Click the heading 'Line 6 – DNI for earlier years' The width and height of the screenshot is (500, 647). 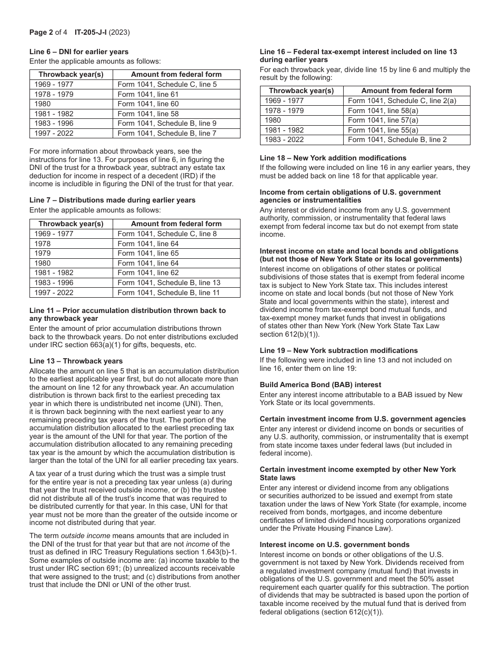(79, 52)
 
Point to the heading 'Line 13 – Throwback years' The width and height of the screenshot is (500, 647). (76, 361)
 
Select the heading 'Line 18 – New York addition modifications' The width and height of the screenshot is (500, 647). (333, 158)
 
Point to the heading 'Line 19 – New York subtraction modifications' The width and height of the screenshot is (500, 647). (338, 350)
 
